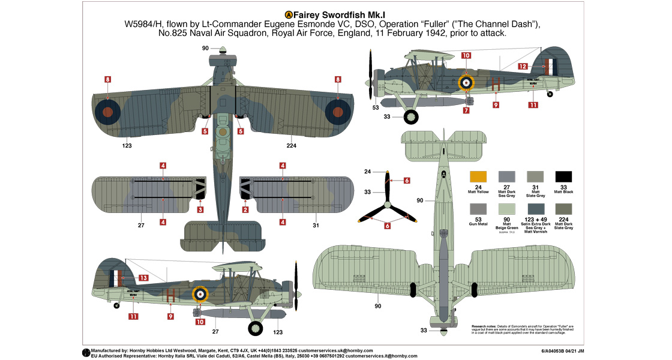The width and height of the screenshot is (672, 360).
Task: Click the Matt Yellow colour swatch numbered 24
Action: point(478,177)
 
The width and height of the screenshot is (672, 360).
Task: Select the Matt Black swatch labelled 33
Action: point(563,177)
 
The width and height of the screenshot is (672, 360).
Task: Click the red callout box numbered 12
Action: point(523,67)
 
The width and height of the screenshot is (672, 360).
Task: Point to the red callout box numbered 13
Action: point(143,278)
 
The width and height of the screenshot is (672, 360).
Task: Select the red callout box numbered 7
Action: point(466,110)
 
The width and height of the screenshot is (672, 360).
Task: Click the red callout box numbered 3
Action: point(200,209)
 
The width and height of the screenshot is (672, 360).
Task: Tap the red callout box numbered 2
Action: point(245,209)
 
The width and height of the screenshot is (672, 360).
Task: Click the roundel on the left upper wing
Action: point(107,111)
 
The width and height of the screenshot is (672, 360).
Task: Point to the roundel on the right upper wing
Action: point(338,111)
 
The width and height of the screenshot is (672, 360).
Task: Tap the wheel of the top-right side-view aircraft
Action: point(412,119)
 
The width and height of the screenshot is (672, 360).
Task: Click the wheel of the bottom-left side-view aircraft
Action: point(256,328)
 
